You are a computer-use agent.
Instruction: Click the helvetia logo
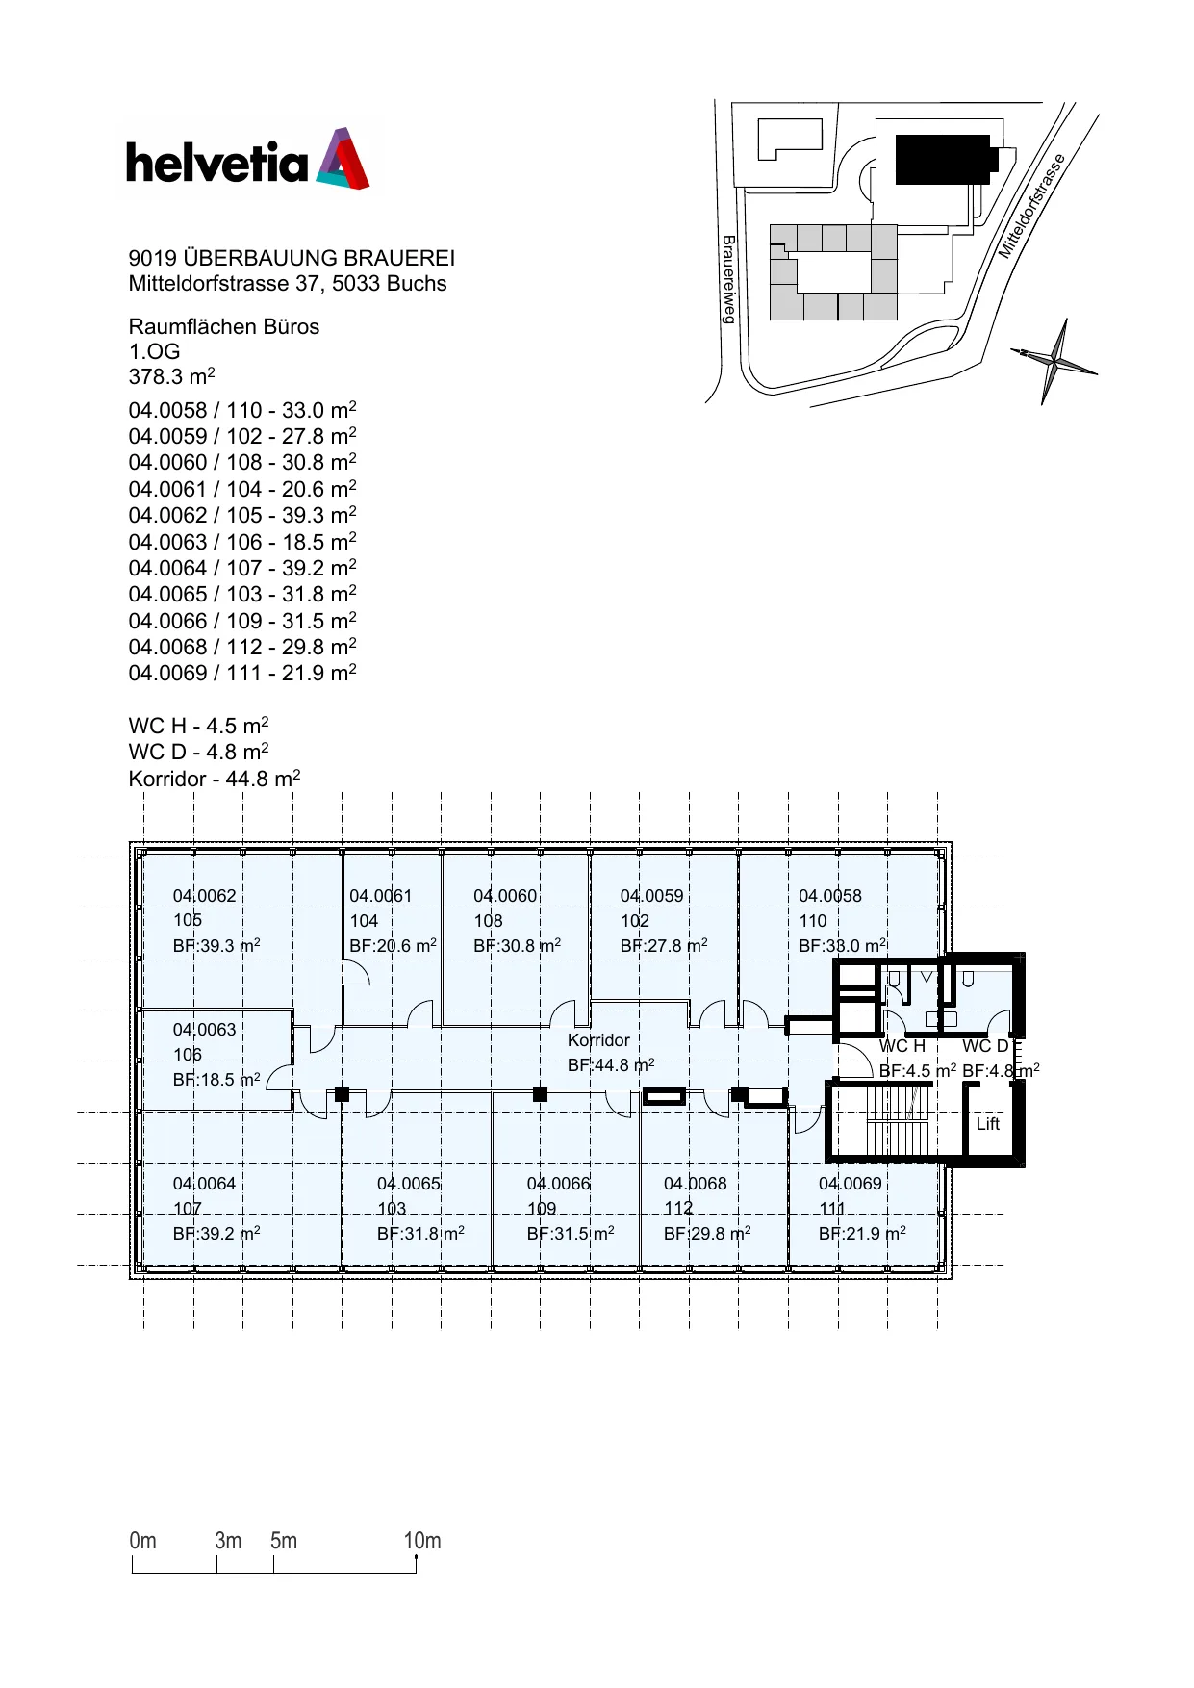coord(247,159)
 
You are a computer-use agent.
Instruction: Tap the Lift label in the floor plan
coord(988,1124)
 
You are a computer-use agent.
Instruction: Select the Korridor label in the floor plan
coord(598,1040)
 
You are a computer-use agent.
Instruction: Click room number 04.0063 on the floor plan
coord(204,1030)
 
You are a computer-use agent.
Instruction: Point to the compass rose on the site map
coord(1054,361)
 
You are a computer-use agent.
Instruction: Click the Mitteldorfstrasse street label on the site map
coord(1031,206)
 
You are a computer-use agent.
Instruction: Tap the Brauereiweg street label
coord(728,279)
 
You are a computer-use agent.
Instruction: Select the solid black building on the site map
coord(943,159)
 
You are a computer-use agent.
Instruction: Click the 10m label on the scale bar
coord(421,1541)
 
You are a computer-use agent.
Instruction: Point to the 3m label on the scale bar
coord(228,1541)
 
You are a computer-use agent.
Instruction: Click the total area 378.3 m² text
coord(172,376)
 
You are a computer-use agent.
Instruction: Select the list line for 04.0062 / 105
coord(242,515)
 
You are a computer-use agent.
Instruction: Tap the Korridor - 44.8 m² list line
coord(215,778)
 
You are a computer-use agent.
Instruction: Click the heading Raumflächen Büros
coord(224,326)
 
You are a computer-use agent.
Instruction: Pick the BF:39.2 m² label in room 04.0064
coord(216,1234)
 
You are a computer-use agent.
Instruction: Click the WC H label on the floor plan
coord(902,1046)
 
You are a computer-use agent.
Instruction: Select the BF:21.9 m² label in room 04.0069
coord(862,1234)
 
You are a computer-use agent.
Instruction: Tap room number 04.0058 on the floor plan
coord(830,896)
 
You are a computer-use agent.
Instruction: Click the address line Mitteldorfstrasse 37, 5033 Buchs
coord(288,284)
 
